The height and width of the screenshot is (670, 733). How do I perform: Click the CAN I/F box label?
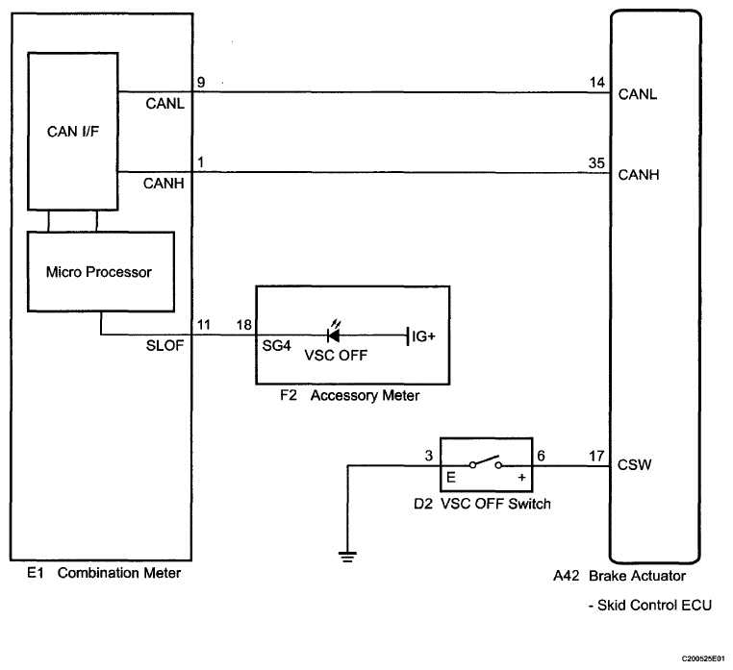(73, 132)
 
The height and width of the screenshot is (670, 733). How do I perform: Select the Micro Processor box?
(101, 271)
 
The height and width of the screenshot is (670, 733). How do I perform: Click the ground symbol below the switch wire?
(347, 557)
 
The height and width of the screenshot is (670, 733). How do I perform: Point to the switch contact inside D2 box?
(486, 462)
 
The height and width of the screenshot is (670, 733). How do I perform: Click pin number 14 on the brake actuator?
(597, 83)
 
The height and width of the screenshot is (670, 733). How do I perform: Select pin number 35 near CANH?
(596, 163)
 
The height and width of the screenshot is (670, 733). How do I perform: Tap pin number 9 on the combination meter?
(201, 83)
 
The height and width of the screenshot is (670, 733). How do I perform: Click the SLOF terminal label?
(164, 346)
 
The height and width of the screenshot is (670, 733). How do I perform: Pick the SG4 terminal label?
(276, 346)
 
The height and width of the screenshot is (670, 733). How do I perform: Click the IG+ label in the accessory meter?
(423, 335)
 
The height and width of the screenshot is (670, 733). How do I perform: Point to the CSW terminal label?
(634, 465)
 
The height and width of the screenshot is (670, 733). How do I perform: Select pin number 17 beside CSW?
(596, 456)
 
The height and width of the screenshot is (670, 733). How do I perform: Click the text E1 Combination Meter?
(104, 573)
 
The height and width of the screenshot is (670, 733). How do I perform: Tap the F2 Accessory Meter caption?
(350, 396)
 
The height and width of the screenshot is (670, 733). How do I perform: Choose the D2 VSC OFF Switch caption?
(483, 504)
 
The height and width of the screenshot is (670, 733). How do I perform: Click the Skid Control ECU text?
(650, 605)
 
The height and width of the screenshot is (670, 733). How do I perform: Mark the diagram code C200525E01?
(702, 658)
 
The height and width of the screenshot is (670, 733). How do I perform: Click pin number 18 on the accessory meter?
(244, 325)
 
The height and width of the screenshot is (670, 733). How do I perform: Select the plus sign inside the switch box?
(521, 477)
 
